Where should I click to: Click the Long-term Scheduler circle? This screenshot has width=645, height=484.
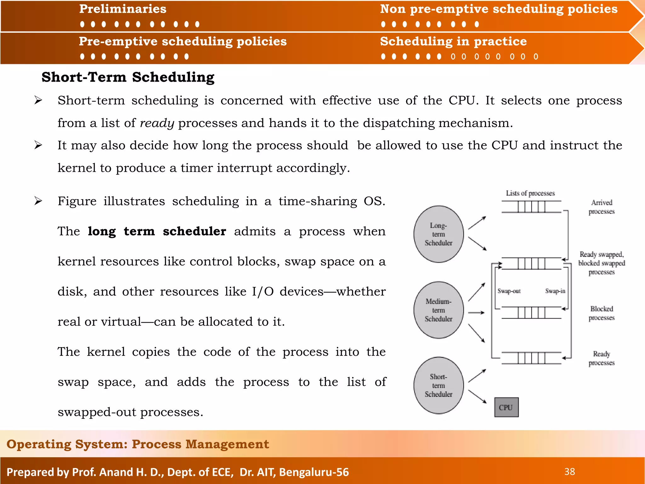pos(438,234)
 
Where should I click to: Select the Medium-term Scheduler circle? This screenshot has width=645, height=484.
pos(438,310)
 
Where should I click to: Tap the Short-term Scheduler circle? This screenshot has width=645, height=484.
pos(438,385)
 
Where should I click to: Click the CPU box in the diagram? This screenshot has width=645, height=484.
pos(506,407)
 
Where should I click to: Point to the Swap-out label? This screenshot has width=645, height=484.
pos(509,291)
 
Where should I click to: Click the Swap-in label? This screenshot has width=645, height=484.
pos(555,291)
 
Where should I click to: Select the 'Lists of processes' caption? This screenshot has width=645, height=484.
pos(530,193)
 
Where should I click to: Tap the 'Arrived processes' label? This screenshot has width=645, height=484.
pos(602,207)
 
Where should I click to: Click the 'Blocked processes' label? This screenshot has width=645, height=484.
pos(602,313)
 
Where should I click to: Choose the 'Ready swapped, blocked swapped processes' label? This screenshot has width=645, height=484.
pos(602,263)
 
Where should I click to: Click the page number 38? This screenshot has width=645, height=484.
pos(569,472)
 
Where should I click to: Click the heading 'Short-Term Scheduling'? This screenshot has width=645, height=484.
pos(128,77)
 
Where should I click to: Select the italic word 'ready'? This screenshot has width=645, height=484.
pos(157,123)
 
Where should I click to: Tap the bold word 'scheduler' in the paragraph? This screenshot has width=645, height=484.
pos(194,232)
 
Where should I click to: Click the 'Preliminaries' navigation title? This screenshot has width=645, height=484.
pos(123,9)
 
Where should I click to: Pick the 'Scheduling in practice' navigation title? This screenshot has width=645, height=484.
pos(453,41)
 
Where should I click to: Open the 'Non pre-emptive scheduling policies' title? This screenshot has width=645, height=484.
pos(499,9)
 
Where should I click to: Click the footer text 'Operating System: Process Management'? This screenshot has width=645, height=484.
pos(138,444)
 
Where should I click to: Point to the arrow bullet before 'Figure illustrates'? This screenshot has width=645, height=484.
pos(38,201)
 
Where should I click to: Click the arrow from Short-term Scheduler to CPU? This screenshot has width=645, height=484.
pos(477,397)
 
